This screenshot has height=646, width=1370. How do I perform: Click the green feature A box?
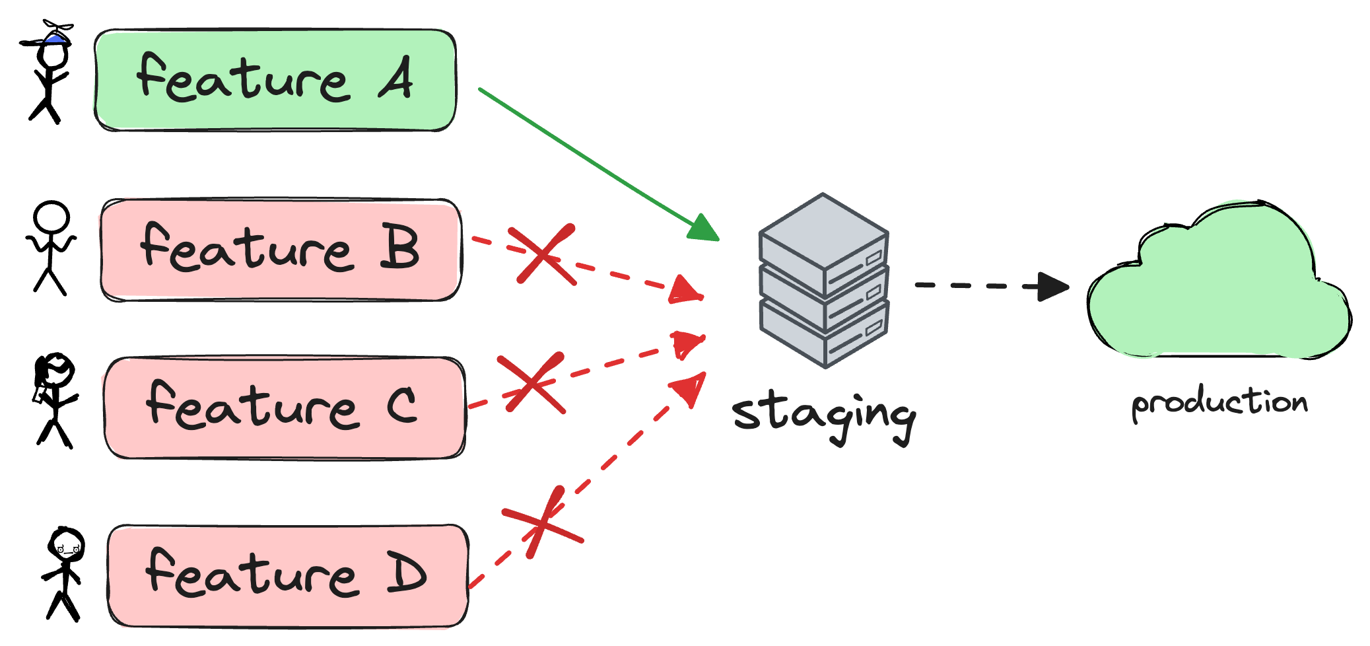tap(275, 79)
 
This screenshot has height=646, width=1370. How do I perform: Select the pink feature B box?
tap(280, 250)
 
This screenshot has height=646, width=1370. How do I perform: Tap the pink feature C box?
tap(285, 408)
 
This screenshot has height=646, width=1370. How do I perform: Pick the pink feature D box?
tap(288, 576)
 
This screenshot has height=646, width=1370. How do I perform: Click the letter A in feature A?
tap(396, 78)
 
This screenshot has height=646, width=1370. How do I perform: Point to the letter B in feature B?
tap(399, 248)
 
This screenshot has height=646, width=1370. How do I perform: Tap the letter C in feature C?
tap(402, 404)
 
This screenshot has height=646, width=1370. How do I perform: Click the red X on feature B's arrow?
tap(545, 254)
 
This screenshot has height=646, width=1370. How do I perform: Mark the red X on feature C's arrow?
tap(531, 383)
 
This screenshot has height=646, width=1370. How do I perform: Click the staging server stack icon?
tap(824, 281)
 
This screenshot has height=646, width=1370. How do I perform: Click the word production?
tap(1219, 402)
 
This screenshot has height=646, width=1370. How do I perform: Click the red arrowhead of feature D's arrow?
tap(690, 387)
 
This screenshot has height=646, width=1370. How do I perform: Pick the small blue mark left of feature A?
tap(54, 39)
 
